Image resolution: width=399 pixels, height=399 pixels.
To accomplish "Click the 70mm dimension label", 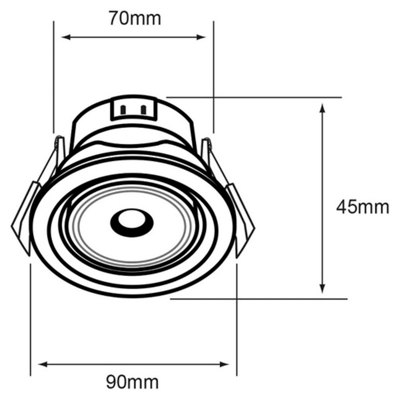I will [x=135, y=18].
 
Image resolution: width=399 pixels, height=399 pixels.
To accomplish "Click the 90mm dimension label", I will [x=132, y=382].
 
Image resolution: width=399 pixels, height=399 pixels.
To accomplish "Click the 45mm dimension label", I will [x=362, y=207].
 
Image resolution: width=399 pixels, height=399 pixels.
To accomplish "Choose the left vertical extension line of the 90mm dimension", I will [x=31, y=319].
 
